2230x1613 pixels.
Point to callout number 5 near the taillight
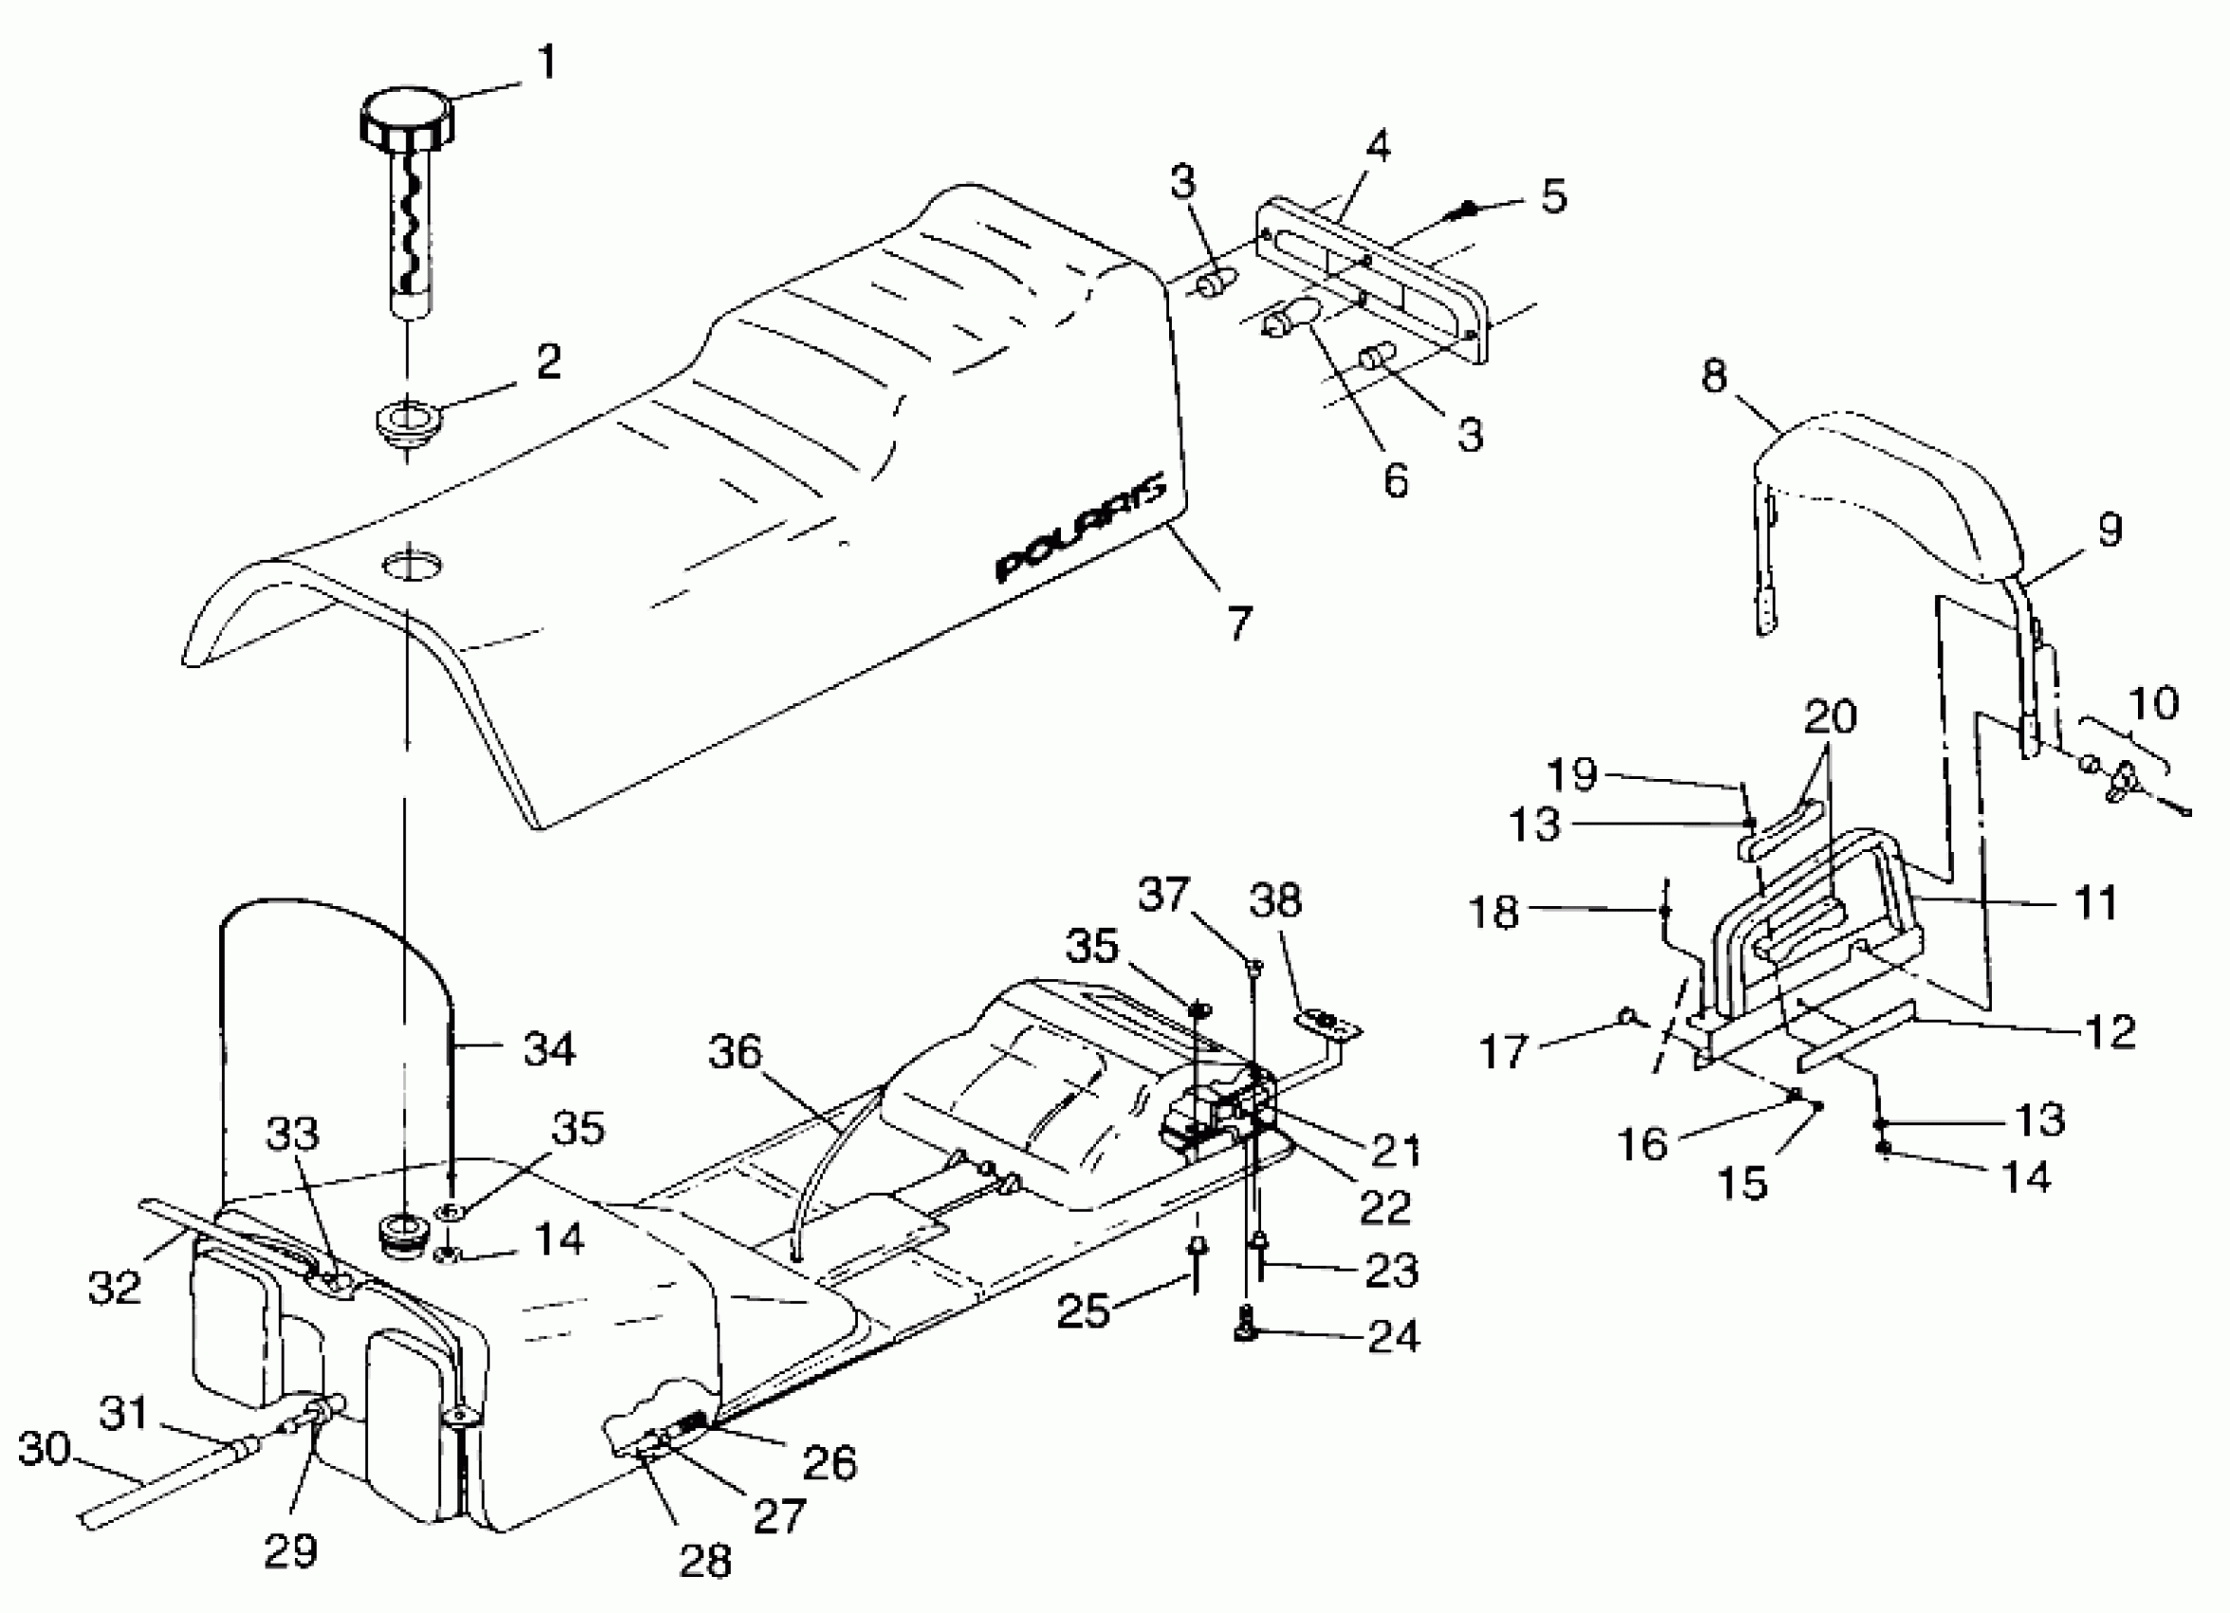click(x=1552, y=196)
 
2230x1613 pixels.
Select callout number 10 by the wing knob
click(x=2153, y=704)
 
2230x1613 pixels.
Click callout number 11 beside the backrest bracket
click(x=2094, y=901)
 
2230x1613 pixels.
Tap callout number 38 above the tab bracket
click(x=1275, y=899)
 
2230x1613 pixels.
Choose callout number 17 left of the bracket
click(x=1504, y=1051)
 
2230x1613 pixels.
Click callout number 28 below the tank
click(x=705, y=1561)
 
